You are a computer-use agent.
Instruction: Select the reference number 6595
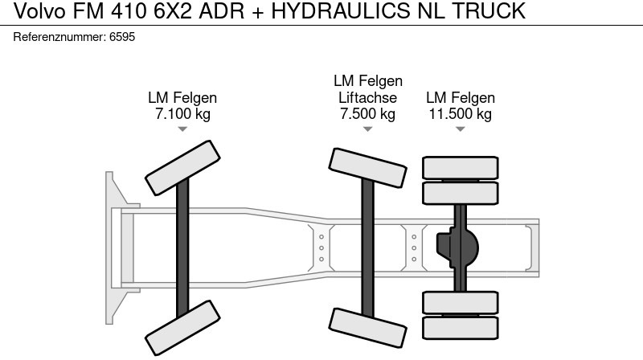click(x=122, y=38)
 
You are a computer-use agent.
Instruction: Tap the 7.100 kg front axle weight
click(x=182, y=114)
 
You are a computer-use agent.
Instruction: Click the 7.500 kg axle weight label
click(x=367, y=113)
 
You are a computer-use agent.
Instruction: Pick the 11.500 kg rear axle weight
click(x=460, y=114)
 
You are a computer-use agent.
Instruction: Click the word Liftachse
click(x=367, y=97)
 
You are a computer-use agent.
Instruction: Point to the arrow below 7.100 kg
click(x=182, y=129)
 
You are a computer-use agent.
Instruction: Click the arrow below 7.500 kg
click(x=367, y=129)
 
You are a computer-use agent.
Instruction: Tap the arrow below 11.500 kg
click(x=460, y=129)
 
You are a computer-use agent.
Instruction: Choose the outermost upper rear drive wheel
click(x=461, y=167)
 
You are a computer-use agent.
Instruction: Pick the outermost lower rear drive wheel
click(x=461, y=327)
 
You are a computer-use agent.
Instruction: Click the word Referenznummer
click(x=60, y=38)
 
